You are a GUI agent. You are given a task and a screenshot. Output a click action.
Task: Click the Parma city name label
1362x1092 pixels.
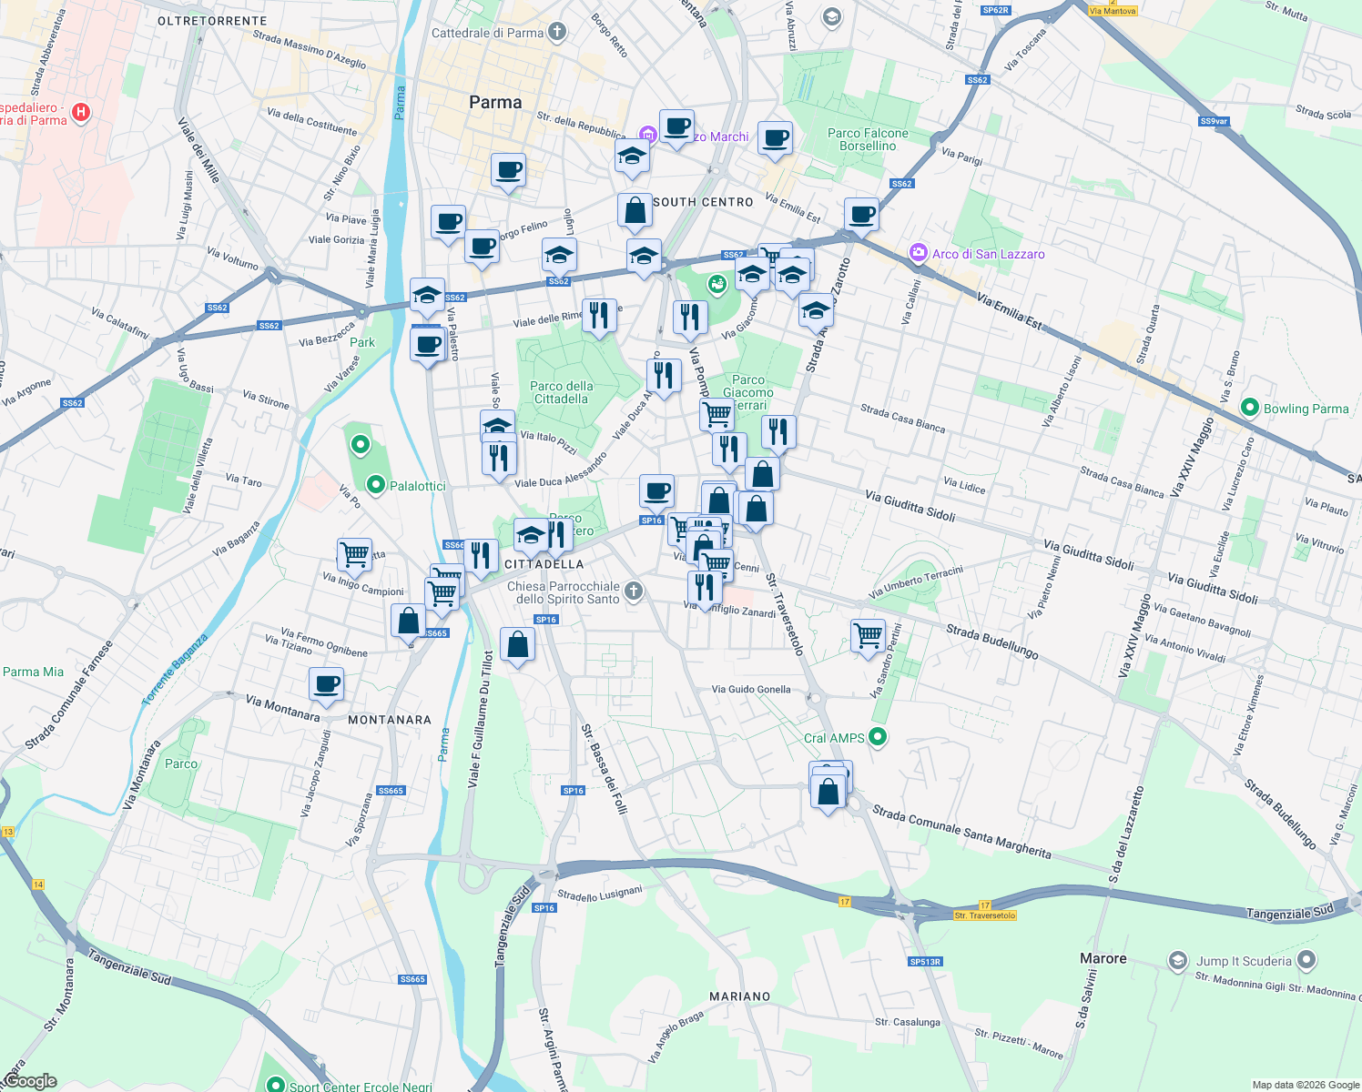point(495,103)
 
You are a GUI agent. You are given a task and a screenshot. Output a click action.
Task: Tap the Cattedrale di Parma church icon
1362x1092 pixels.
point(557,33)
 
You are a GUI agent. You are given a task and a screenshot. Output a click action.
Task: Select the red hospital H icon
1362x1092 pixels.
point(81,113)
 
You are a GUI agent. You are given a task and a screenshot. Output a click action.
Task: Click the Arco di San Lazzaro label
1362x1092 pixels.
point(988,254)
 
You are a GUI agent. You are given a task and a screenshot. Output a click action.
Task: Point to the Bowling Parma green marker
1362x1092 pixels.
point(1250,408)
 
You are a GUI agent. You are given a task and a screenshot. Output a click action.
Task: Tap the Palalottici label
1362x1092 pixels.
point(417,486)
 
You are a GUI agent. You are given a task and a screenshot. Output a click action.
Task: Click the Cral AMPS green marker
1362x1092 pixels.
point(878,737)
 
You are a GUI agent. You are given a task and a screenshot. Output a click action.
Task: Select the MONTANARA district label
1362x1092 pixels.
point(390,720)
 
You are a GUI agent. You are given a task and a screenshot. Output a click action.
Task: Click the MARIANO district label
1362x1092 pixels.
point(739,996)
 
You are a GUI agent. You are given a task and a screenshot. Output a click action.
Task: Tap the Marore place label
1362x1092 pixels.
point(1103,958)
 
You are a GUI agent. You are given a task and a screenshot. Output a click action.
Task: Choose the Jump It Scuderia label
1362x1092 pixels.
point(1243,961)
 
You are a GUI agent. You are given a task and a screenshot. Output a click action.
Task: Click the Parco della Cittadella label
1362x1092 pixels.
point(562,392)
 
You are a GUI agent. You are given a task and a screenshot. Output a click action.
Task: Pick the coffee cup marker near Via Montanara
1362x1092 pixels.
point(326,684)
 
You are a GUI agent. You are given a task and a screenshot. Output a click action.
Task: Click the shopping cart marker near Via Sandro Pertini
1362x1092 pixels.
point(869,635)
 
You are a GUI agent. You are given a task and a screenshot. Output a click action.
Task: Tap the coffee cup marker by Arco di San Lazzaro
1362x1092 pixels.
point(861,216)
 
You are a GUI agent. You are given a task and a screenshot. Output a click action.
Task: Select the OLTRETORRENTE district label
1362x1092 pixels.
point(212,21)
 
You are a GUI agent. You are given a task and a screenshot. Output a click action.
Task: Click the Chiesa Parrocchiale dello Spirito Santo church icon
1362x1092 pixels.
point(634,591)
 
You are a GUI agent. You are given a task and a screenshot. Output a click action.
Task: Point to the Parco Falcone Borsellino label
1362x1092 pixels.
point(868,139)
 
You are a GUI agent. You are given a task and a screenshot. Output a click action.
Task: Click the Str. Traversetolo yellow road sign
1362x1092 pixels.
point(985,915)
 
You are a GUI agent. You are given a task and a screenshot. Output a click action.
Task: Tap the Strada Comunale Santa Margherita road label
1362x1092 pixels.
point(961,832)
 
